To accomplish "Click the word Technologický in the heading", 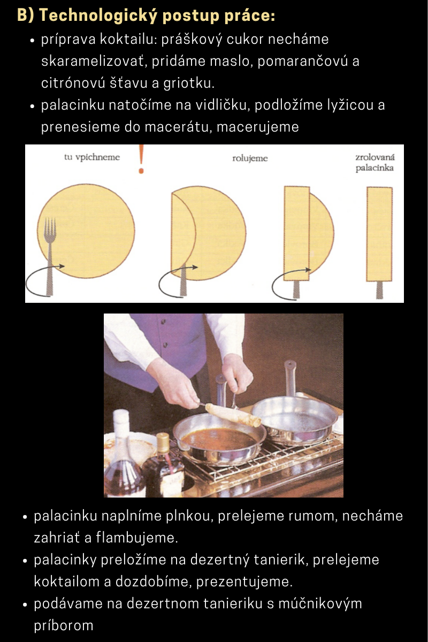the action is point(98,15).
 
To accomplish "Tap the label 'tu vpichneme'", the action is point(92,157).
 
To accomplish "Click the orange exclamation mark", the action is point(141,159).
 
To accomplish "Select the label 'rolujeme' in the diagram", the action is point(250,158).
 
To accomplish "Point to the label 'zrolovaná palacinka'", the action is point(375,163).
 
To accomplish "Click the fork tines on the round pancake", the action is point(50,226).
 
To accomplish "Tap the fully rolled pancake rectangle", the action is point(379,234).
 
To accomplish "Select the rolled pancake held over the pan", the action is point(233,414).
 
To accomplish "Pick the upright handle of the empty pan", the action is point(289,378).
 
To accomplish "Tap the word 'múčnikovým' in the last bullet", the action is point(320,603).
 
